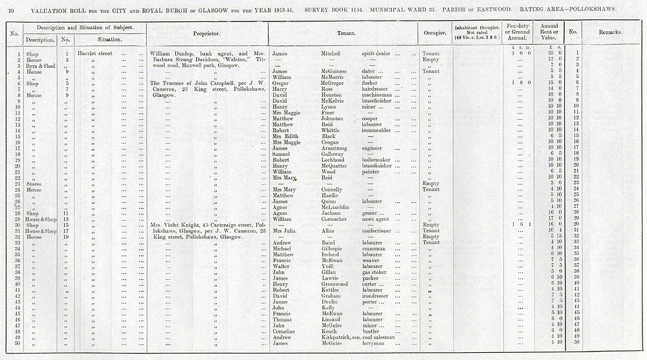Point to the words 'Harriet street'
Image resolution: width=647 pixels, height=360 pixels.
[x=94, y=53]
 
